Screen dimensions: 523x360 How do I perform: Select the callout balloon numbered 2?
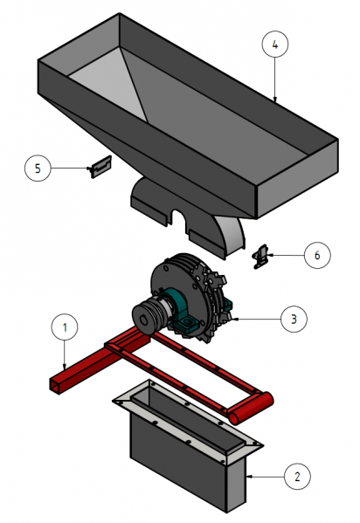point(298,477)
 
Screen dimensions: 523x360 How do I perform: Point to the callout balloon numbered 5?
point(38,169)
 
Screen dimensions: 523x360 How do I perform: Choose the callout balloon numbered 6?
point(317,255)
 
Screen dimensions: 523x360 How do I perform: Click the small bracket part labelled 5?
point(100,166)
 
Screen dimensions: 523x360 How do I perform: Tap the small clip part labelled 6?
point(260,257)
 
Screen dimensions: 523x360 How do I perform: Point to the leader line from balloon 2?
point(266,477)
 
